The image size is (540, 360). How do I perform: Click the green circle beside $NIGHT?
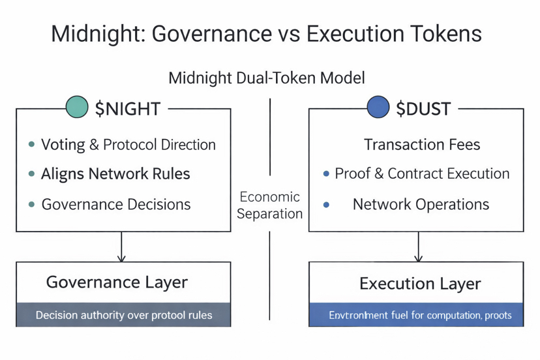[77, 106]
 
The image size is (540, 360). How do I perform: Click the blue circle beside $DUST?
[378, 106]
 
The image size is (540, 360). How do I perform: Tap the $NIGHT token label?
[128, 108]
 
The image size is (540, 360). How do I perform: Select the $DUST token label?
[423, 108]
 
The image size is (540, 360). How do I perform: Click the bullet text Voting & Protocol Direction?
[128, 144]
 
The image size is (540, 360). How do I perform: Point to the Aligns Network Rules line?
[115, 174]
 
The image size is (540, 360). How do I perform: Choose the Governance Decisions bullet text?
[116, 204]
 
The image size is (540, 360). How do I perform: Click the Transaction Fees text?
[422, 144]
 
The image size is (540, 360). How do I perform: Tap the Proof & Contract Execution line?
[422, 174]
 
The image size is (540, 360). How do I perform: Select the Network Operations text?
[421, 204]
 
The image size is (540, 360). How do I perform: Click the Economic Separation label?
[269, 205]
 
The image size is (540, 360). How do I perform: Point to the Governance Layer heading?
[117, 282]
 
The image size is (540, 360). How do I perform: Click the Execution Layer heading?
[420, 284]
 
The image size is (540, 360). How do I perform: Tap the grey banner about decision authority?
[123, 315]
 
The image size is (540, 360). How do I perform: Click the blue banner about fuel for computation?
[416, 315]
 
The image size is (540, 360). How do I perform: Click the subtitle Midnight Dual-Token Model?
[267, 78]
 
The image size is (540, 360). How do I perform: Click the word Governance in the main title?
[206, 34]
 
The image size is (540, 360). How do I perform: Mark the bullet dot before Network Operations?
[326, 205]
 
